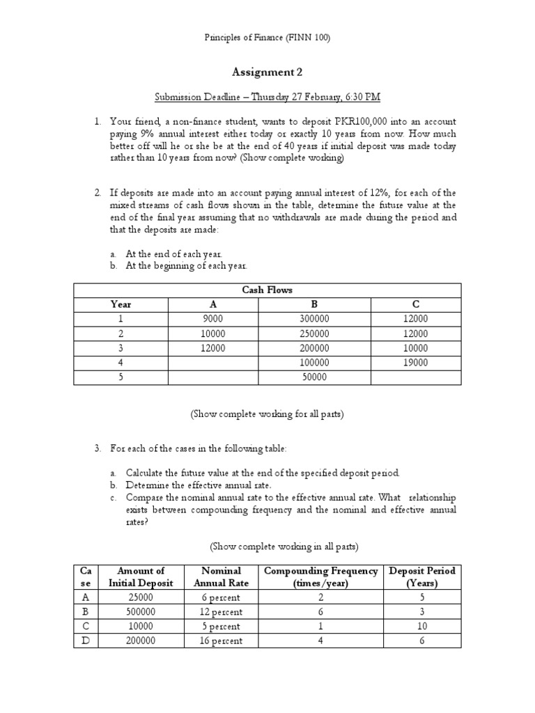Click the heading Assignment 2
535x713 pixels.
pos(267,71)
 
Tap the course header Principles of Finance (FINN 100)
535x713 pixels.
pos(267,38)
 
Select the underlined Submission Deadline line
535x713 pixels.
pos(267,97)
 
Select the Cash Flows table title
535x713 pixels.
pos(267,290)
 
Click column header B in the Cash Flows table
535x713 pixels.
pos(314,304)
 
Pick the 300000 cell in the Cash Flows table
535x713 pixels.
pos(314,319)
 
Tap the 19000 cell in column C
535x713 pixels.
pos(416,362)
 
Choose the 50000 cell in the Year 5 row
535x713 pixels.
pos(314,377)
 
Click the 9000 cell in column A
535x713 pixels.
pos(212,319)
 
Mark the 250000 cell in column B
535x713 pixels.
pos(314,334)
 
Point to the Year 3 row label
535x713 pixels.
pos(121,348)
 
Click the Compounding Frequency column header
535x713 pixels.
pos(321,577)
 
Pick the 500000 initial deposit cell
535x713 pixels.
pos(141,611)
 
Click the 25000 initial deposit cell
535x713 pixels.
pos(141,597)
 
